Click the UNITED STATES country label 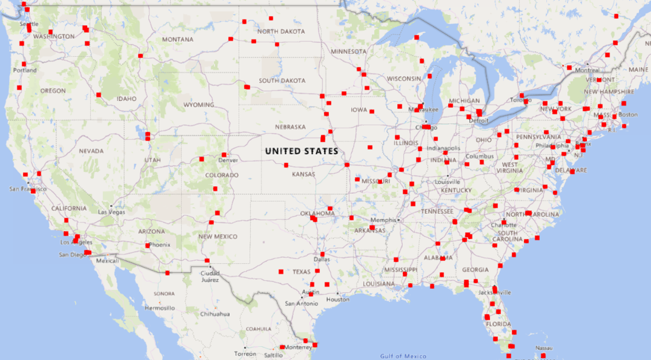click(x=301, y=151)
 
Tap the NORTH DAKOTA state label click(x=281, y=32)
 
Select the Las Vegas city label click(x=111, y=212)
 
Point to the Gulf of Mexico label click(x=403, y=356)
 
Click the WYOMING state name click(x=198, y=105)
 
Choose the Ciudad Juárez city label click(x=210, y=276)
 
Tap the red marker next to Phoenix click(x=148, y=245)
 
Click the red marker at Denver click(x=223, y=155)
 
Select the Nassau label click(x=544, y=348)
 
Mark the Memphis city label click(x=383, y=220)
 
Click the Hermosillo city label click(x=160, y=308)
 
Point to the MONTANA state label click(x=178, y=40)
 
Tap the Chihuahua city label click(x=215, y=314)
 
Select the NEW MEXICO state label click(x=217, y=237)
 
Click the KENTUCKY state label click(x=457, y=190)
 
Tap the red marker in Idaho click(x=99, y=95)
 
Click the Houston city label click(x=338, y=299)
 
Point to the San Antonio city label click(x=301, y=303)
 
